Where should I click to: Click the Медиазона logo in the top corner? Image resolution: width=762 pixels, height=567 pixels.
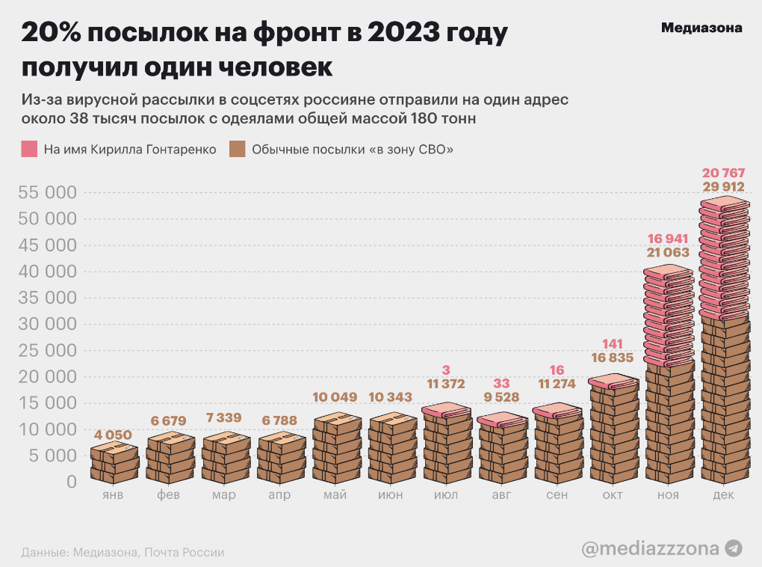(x=701, y=28)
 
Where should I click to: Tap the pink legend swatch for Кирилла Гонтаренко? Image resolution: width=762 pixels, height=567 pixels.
(x=29, y=149)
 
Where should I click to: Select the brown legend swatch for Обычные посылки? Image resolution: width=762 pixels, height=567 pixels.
(x=238, y=149)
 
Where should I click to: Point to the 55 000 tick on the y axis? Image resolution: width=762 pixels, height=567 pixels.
(x=46, y=193)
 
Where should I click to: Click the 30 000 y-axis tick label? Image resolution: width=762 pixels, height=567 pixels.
(x=46, y=325)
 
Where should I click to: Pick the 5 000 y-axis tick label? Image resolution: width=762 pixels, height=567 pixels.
(x=51, y=456)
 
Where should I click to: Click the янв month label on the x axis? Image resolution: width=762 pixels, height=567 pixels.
(x=114, y=495)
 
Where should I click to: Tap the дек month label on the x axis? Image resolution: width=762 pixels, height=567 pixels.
(x=723, y=495)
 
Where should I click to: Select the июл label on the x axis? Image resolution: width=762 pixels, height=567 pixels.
(x=446, y=495)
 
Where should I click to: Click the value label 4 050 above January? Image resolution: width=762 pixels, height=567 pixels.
(x=114, y=435)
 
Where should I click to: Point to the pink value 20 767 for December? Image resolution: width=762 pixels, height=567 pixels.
(x=723, y=173)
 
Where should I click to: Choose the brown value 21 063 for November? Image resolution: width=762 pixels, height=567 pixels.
(x=668, y=253)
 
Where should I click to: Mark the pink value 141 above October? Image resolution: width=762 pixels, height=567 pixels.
(x=613, y=343)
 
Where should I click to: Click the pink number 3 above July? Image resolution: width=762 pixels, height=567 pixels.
(x=446, y=370)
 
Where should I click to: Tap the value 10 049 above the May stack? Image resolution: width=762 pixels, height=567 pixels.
(x=335, y=397)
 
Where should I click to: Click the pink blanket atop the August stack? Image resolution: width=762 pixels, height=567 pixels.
(x=501, y=420)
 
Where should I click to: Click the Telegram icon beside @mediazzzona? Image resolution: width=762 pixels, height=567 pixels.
(x=734, y=548)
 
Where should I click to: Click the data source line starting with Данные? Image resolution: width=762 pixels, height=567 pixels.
(x=123, y=553)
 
